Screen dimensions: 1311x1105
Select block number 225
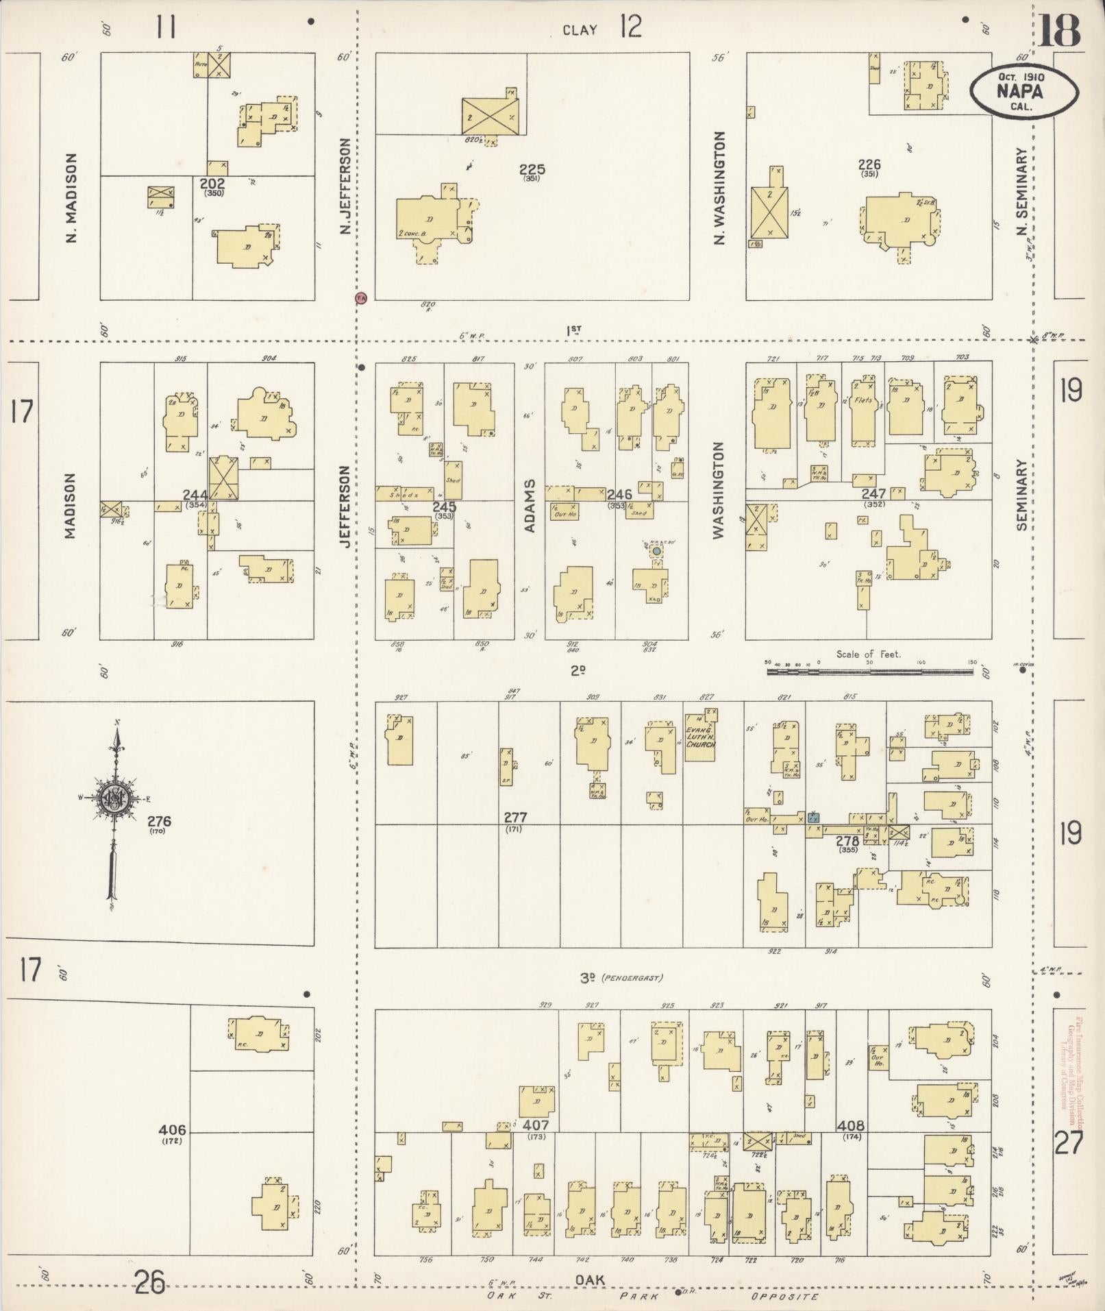[x=532, y=169]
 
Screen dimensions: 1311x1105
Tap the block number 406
[x=171, y=1129]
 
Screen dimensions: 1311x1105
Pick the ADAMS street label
[x=529, y=506]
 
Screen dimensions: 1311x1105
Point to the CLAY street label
[x=580, y=30]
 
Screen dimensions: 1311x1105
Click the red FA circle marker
[x=360, y=297]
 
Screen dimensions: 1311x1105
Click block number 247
[x=874, y=493]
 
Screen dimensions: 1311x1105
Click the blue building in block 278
[x=813, y=818]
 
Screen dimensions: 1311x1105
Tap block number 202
[x=212, y=184]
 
